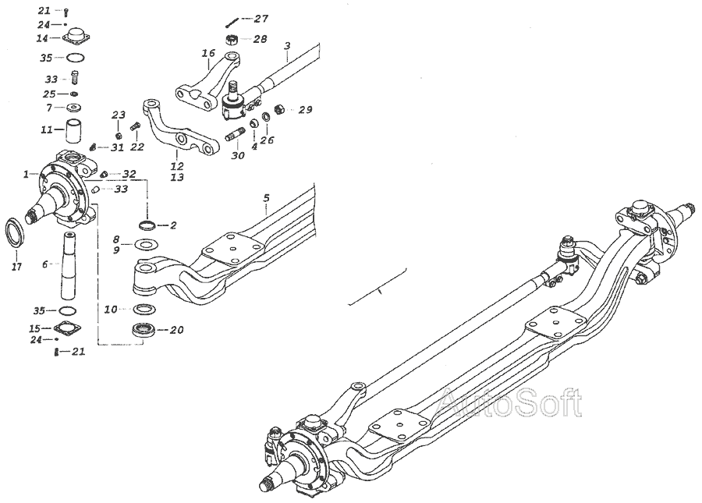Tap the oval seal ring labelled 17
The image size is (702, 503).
pyautogui.click(x=16, y=232)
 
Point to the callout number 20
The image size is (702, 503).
pyautogui.click(x=176, y=330)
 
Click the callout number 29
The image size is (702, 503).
pyautogui.click(x=305, y=110)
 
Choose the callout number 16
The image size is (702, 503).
pyautogui.click(x=207, y=53)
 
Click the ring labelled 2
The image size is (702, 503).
pyautogui.click(x=146, y=226)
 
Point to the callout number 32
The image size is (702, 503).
pyautogui.click(x=129, y=174)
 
